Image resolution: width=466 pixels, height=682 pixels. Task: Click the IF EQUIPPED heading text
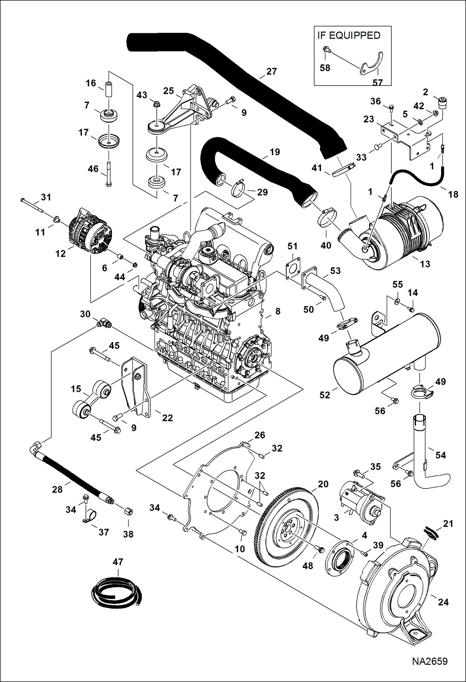[x=348, y=35]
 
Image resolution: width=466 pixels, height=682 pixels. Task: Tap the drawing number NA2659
[x=430, y=661]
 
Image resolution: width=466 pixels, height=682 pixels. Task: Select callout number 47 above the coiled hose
[x=118, y=562]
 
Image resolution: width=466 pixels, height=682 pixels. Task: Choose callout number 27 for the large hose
[x=271, y=72]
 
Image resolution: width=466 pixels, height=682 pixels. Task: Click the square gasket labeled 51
[x=293, y=267]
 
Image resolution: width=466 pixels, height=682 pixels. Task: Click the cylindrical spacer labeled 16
[x=109, y=89]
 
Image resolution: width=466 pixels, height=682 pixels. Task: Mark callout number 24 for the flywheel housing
[x=443, y=602]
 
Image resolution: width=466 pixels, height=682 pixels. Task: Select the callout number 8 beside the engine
[x=277, y=311]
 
